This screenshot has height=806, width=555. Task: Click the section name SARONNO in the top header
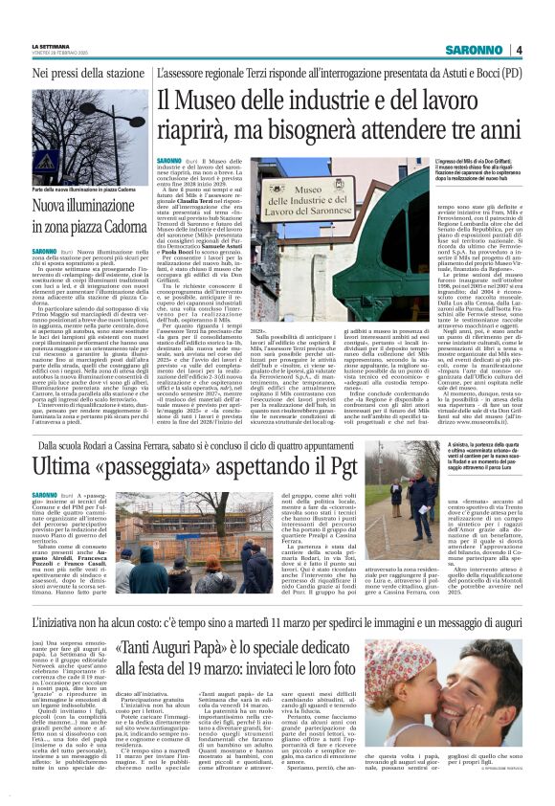point(475,49)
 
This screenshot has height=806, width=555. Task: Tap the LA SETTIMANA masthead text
point(51,45)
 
